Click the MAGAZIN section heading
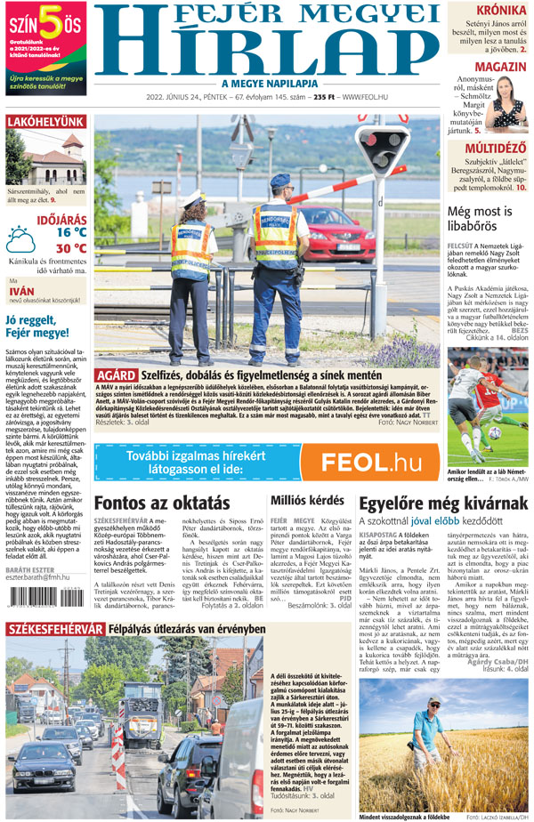[x=498, y=68]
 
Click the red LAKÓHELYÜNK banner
[x=45, y=122]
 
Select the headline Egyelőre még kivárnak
[x=442, y=503]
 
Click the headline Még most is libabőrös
[x=481, y=219]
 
